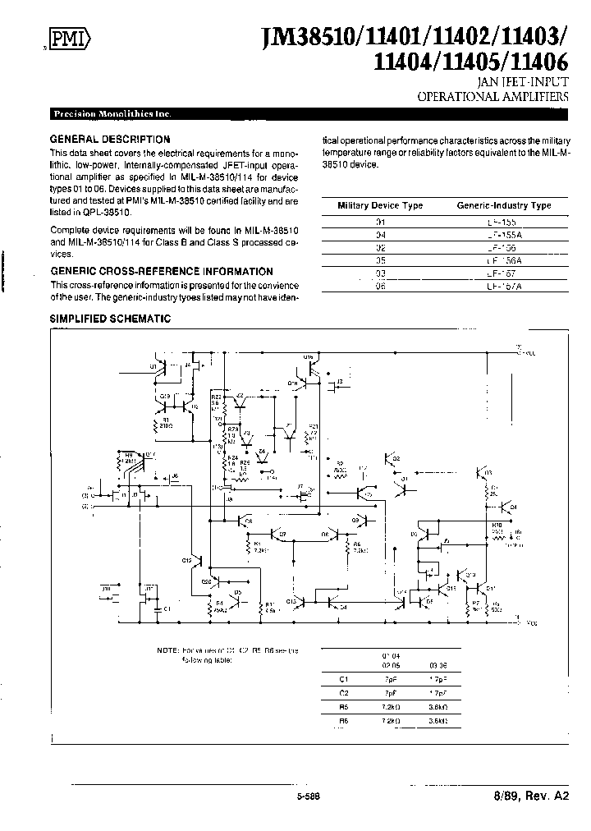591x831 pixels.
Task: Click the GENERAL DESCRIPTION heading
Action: [x=110, y=140]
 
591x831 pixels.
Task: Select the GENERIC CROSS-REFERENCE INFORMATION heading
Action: [x=162, y=271]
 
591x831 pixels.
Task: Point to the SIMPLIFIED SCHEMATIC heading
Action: [x=110, y=319]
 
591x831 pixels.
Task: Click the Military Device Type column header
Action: [x=381, y=205]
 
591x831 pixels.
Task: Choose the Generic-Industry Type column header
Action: [x=503, y=205]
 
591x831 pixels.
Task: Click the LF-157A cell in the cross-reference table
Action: [x=503, y=285]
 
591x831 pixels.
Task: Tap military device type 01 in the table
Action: [x=380, y=222]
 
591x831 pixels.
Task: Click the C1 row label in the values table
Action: [x=345, y=680]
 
